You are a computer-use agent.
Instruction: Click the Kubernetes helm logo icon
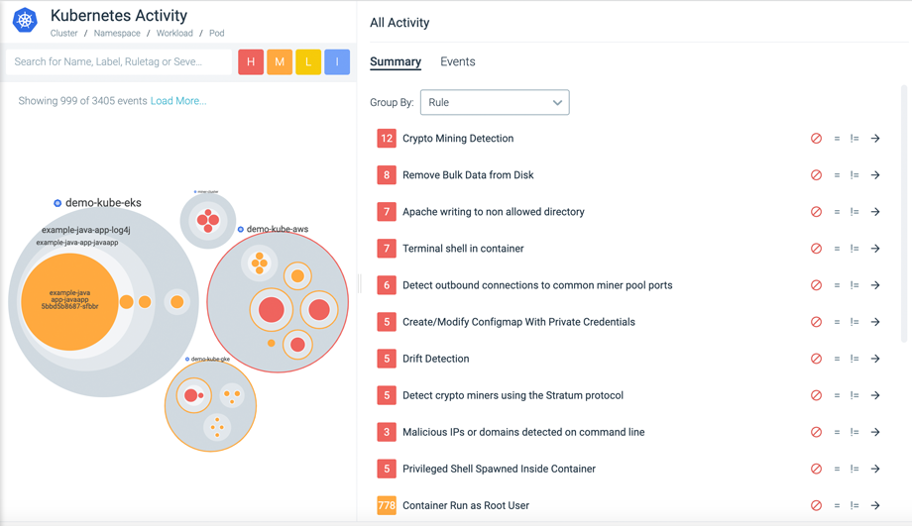pyautogui.click(x=25, y=20)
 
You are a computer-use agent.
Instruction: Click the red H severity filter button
pyautogui.click(x=251, y=61)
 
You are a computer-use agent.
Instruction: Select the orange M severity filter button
pyautogui.click(x=280, y=61)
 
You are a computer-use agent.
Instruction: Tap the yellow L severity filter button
pyautogui.click(x=308, y=61)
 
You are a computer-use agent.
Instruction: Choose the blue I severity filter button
pyautogui.click(x=337, y=61)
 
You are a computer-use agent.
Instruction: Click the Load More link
pyautogui.click(x=178, y=101)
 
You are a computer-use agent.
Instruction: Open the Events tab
pyautogui.click(x=457, y=61)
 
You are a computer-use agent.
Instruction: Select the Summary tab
pyautogui.click(x=396, y=61)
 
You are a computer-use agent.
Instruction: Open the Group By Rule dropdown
pyautogui.click(x=495, y=102)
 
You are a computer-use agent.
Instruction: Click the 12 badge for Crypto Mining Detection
pyautogui.click(x=387, y=139)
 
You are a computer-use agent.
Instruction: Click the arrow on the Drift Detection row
pyautogui.click(x=875, y=359)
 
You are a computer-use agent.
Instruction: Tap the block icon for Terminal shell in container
pyautogui.click(x=816, y=249)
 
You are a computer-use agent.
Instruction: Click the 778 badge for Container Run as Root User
pyautogui.click(x=387, y=505)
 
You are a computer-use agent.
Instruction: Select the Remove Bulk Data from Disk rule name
pyautogui.click(x=468, y=175)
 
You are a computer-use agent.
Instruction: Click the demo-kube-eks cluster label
pyautogui.click(x=103, y=203)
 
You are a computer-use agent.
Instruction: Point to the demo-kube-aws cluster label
pyautogui.click(x=277, y=229)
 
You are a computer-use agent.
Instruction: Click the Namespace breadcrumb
pyautogui.click(x=117, y=33)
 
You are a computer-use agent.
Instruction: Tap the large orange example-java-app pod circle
pyautogui.click(x=69, y=301)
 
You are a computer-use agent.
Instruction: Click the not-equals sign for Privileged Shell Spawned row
pyautogui.click(x=855, y=469)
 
